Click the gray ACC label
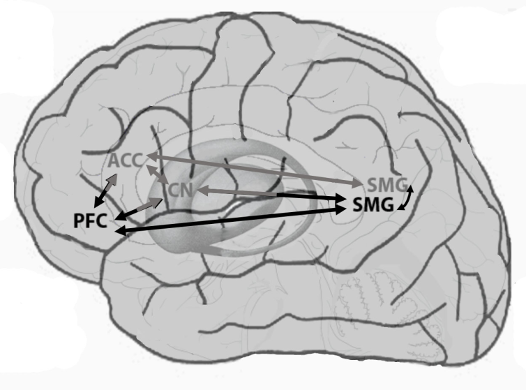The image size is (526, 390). (x=126, y=160)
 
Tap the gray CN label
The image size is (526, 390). (x=181, y=190)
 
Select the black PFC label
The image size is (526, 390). (x=90, y=221)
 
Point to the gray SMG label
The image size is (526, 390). (x=388, y=185)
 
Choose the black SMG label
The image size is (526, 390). (x=373, y=204)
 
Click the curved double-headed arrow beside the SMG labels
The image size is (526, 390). (x=406, y=198)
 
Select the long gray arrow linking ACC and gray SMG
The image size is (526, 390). (x=255, y=170)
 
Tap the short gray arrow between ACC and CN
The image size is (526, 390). (x=157, y=174)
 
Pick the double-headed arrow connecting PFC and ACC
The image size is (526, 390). (x=105, y=190)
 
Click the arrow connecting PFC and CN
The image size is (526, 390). (x=139, y=209)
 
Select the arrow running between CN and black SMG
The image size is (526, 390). (x=272, y=195)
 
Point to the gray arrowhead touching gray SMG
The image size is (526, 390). (x=358, y=183)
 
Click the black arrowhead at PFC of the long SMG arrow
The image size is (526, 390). (x=121, y=231)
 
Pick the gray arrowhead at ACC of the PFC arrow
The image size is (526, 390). (x=113, y=178)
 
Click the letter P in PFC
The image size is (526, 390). (x=79, y=221)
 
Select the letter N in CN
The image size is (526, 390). (x=187, y=190)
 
